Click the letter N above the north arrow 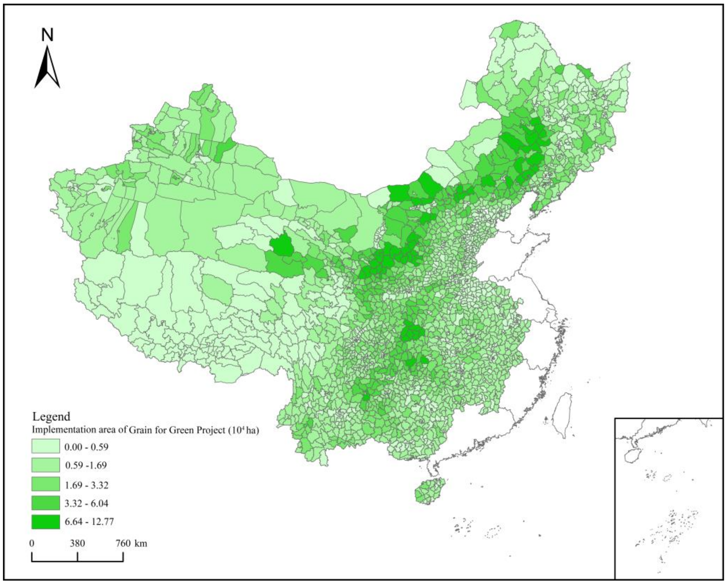pos(47,35)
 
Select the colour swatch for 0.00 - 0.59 pos(46,446)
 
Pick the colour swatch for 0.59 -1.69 pos(46,465)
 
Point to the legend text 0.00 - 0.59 pos(87,447)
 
